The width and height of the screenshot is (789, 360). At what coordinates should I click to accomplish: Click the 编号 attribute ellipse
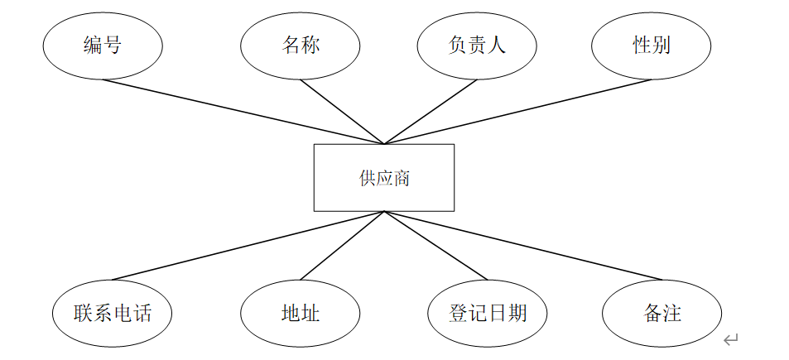point(103,46)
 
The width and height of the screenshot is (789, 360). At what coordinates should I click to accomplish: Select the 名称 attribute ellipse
point(301,46)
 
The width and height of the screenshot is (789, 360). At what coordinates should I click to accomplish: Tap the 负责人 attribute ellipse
point(477,46)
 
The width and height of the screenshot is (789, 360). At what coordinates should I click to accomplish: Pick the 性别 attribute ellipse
point(652,46)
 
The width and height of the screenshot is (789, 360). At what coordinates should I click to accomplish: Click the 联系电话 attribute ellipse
point(113,314)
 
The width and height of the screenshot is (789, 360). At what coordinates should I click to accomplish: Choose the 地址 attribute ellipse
point(301,314)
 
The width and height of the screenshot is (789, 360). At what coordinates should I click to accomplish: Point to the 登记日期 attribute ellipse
point(488,314)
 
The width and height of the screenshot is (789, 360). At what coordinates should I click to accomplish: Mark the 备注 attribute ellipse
point(662,314)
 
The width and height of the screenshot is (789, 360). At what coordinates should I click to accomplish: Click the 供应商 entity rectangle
point(383,178)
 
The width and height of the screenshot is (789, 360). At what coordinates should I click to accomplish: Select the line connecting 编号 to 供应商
point(243,112)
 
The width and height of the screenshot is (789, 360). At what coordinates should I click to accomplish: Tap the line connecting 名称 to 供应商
point(342,112)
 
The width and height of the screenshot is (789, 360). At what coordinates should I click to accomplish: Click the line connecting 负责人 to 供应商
point(431,112)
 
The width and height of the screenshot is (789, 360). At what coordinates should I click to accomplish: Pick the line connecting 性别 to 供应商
point(517,112)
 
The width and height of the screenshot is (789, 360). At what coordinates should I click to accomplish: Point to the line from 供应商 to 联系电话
point(248,246)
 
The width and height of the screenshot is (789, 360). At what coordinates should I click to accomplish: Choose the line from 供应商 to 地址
point(342,246)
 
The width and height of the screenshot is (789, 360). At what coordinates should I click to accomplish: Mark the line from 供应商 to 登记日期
point(435,246)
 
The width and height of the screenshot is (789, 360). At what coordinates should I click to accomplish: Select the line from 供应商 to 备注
point(522,246)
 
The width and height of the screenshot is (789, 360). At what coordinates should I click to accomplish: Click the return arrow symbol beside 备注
point(730,340)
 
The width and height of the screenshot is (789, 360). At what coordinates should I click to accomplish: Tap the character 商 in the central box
point(402,178)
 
